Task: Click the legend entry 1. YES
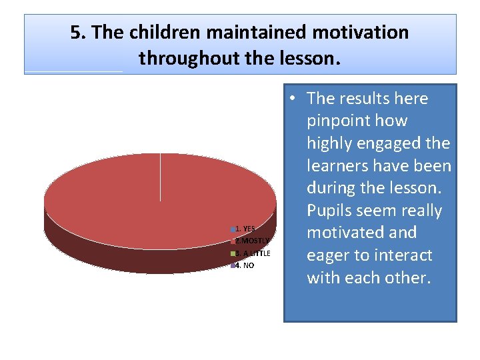click(245, 229)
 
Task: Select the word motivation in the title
click(365, 33)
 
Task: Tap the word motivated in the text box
click(351, 233)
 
